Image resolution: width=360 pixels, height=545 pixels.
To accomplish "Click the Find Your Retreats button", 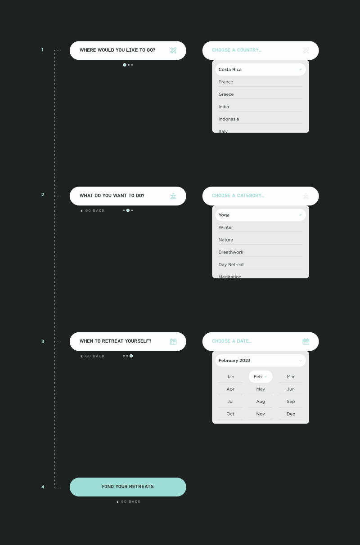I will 128,487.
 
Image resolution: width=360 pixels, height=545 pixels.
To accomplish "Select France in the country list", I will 226,82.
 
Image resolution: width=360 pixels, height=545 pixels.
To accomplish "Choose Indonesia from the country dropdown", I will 229,119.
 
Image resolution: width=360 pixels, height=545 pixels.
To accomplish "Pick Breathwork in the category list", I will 231,252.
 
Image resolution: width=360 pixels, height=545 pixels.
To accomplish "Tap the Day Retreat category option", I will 231,265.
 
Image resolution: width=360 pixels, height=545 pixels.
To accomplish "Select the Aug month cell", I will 261,402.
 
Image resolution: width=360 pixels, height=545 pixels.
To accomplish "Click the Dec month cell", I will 291,414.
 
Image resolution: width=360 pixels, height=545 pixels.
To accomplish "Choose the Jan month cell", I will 230,377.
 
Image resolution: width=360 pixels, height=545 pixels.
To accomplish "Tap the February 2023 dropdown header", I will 260,361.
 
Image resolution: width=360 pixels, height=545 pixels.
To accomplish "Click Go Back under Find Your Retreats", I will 129,502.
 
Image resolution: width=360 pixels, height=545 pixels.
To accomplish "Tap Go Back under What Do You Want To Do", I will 93,211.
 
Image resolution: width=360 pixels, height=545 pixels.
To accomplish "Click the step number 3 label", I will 43,342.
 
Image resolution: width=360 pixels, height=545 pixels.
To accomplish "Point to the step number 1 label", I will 43,50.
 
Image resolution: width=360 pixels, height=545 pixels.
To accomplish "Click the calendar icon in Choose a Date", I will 306,342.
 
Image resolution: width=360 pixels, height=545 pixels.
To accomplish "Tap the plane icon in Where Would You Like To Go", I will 173,50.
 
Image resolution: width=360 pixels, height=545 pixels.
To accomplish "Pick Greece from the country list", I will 226,94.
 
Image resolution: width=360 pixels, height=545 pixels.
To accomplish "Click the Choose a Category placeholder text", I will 238,196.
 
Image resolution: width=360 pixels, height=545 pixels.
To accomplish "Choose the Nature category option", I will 226,240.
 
